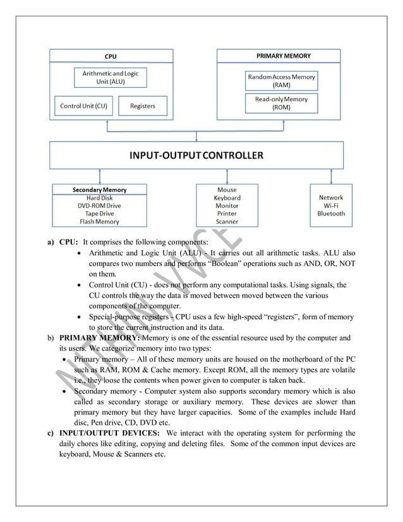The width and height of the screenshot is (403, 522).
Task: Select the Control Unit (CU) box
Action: pos(83,106)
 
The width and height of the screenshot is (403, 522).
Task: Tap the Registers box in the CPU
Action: pos(142,106)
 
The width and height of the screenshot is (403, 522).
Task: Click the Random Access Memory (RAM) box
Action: pos(281,80)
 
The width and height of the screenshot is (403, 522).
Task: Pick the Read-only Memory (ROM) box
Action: pos(281,103)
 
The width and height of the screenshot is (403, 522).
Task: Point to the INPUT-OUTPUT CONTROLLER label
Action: pos(197,155)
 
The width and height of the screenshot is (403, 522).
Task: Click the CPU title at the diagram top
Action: pos(110,56)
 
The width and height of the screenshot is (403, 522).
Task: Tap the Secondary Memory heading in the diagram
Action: pos(99,190)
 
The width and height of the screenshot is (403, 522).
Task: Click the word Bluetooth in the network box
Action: pos(331,214)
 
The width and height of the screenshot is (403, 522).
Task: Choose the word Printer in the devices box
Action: pos(227,214)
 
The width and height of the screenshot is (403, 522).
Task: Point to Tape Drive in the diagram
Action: pos(99,214)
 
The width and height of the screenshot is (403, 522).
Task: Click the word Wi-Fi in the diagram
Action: pos(331,205)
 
